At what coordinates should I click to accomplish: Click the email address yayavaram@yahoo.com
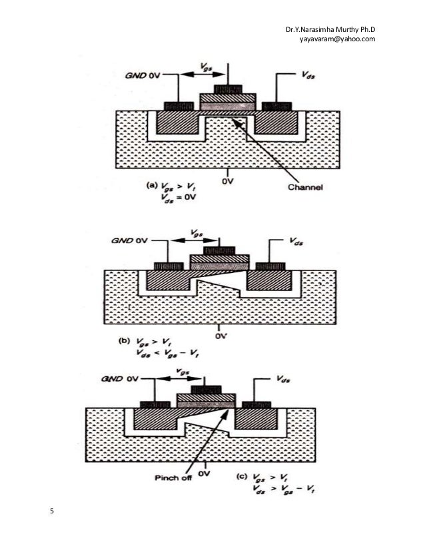click(337, 39)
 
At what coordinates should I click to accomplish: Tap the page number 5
click(53, 511)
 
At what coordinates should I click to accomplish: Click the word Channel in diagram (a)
click(305, 188)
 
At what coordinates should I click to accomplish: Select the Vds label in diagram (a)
click(308, 77)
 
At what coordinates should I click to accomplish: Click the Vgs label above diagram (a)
click(207, 69)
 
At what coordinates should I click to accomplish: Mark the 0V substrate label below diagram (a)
click(228, 181)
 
